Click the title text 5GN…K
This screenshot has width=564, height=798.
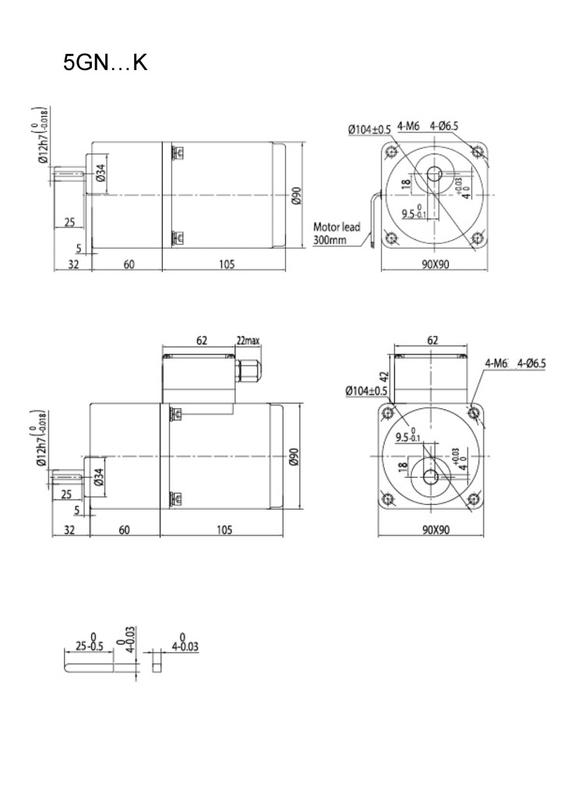(x=105, y=62)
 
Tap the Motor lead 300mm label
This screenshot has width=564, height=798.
(x=337, y=234)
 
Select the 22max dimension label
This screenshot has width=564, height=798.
(x=249, y=341)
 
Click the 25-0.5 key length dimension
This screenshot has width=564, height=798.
(x=91, y=644)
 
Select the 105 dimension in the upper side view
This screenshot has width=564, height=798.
(x=226, y=265)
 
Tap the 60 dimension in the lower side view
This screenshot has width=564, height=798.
(x=124, y=530)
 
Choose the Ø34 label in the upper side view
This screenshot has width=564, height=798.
(x=99, y=172)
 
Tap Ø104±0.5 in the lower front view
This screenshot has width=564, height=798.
(x=368, y=390)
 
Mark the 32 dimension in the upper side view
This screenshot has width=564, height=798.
(x=72, y=265)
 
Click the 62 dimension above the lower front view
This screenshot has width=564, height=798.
(x=433, y=341)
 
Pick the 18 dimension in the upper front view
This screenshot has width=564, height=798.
(x=405, y=185)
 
